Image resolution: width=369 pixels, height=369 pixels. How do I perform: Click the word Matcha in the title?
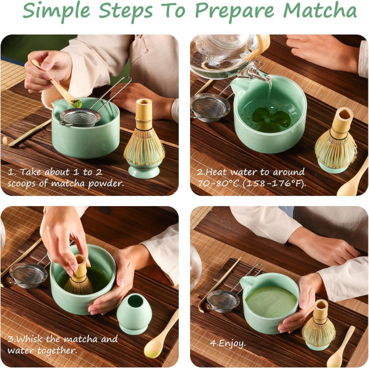(320, 11)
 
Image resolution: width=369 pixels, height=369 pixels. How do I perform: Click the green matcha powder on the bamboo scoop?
(77, 103)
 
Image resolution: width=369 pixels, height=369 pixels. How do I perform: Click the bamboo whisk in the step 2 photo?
(336, 139)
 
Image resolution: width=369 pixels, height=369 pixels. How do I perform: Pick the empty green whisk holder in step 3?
(132, 313)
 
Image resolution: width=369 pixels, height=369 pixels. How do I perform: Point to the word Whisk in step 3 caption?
(30, 339)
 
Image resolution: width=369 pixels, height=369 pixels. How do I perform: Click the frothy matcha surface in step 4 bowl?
(271, 301)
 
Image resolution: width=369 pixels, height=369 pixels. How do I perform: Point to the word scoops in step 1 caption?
(22, 183)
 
